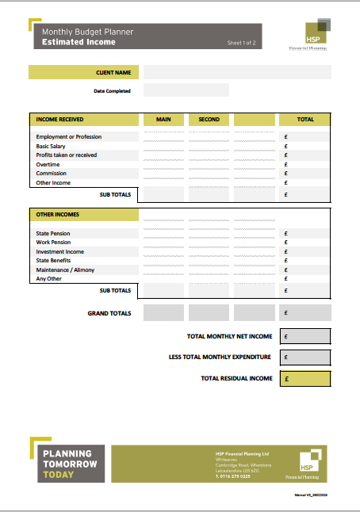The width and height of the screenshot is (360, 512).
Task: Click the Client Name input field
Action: point(237,72)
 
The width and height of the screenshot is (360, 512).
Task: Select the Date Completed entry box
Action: point(186,90)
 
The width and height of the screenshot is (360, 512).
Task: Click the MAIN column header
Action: point(163,120)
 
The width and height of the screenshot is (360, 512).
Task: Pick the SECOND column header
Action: point(209,120)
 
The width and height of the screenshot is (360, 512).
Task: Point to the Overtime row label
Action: point(48,164)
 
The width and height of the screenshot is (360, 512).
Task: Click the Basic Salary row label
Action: point(54,146)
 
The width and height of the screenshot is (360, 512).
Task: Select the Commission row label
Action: point(52,174)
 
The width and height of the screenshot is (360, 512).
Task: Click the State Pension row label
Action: point(53,233)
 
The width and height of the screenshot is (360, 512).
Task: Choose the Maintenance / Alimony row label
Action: point(64,269)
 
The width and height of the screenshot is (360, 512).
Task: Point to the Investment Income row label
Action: point(60,251)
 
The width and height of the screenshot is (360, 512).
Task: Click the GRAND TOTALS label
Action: point(109,313)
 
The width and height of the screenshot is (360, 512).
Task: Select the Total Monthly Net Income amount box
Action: point(305,336)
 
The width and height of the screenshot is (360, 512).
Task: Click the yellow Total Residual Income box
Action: point(305,379)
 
